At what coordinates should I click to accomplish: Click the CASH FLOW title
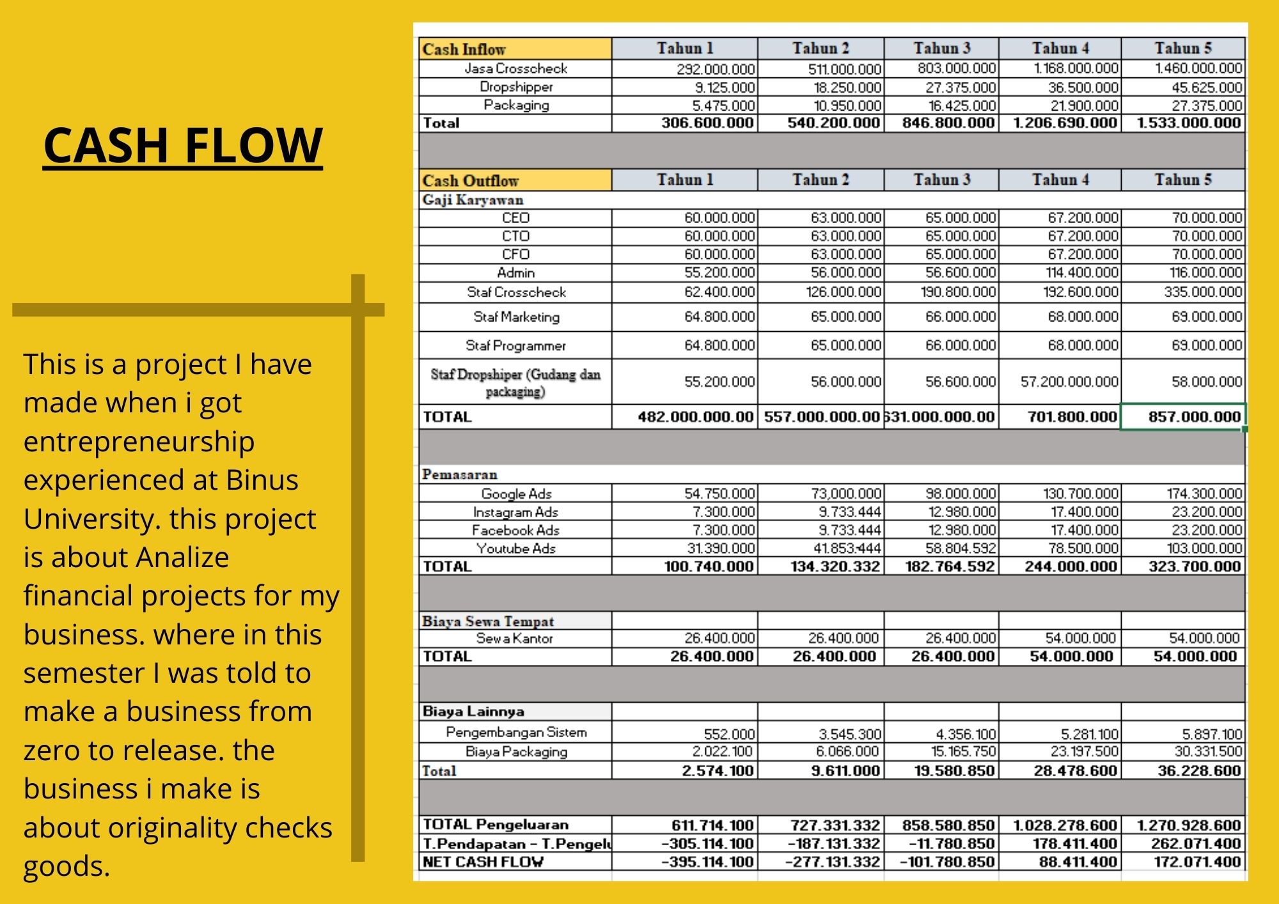(x=183, y=145)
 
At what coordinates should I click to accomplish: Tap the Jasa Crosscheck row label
(x=515, y=68)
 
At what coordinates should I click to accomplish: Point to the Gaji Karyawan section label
(x=473, y=199)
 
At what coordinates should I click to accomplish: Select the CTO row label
(x=515, y=236)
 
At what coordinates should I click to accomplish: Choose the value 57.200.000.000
(x=1069, y=382)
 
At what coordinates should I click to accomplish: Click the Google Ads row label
(x=515, y=494)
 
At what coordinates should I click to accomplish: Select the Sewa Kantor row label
(x=515, y=638)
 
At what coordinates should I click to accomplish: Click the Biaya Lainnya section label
(x=473, y=712)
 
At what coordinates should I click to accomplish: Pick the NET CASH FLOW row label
(x=483, y=862)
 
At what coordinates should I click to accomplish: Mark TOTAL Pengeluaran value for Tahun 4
(x=1065, y=825)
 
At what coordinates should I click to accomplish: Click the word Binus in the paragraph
(x=262, y=480)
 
